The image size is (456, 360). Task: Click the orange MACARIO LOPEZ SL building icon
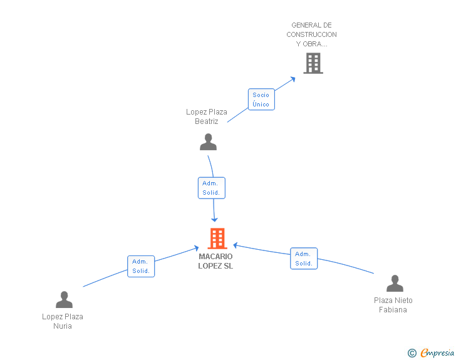click(x=217, y=239)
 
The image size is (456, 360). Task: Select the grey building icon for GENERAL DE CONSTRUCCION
click(x=313, y=63)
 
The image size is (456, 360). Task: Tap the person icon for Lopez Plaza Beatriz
click(x=208, y=142)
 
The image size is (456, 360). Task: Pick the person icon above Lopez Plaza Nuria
click(x=64, y=300)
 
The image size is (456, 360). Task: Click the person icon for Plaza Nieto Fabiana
click(x=395, y=284)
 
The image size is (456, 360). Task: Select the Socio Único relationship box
click(x=261, y=100)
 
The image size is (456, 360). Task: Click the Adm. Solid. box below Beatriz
click(x=211, y=188)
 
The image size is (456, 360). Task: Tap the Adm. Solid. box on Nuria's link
click(x=141, y=266)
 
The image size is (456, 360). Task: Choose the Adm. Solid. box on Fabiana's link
click(x=304, y=259)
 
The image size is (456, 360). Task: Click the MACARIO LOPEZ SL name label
click(x=215, y=261)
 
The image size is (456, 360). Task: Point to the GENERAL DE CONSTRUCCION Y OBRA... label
click(x=311, y=34)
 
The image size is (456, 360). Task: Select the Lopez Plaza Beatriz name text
click(x=207, y=116)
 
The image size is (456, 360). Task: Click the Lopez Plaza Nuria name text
click(x=63, y=321)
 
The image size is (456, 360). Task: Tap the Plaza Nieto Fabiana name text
click(x=393, y=305)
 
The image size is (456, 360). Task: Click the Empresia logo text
click(x=437, y=353)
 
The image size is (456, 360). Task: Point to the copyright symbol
click(x=412, y=353)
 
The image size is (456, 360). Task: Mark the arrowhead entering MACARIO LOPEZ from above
click(x=215, y=219)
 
